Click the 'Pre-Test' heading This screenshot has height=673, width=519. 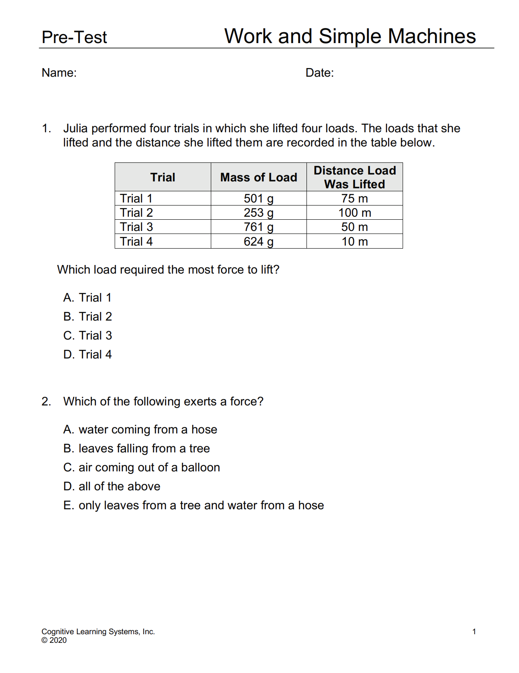[x=74, y=37]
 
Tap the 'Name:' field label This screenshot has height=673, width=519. [x=59, y=73]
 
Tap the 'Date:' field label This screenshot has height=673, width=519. [x=319, y=73]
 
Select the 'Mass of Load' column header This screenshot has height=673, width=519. [x=259, y=178]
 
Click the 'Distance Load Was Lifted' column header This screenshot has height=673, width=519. [x=354, y=177]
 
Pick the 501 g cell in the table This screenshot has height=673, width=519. [x=259, y=199]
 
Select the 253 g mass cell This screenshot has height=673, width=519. [x=259, y=213]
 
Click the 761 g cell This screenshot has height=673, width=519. [x=259, y=227]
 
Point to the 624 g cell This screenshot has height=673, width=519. [x=259, y=242]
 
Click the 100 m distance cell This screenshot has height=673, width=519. [x=354, y=213]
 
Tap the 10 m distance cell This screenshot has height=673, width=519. [x=354, y=242]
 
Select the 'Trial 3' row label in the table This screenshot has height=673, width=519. [x=136, y=227]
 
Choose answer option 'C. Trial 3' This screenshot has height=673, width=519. [x=88, y=336]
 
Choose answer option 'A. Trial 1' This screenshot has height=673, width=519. [x=88, y=298]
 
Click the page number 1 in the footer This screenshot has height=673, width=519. [x=474, y=632]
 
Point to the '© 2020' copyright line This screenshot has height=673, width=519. [x=54, y=640]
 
